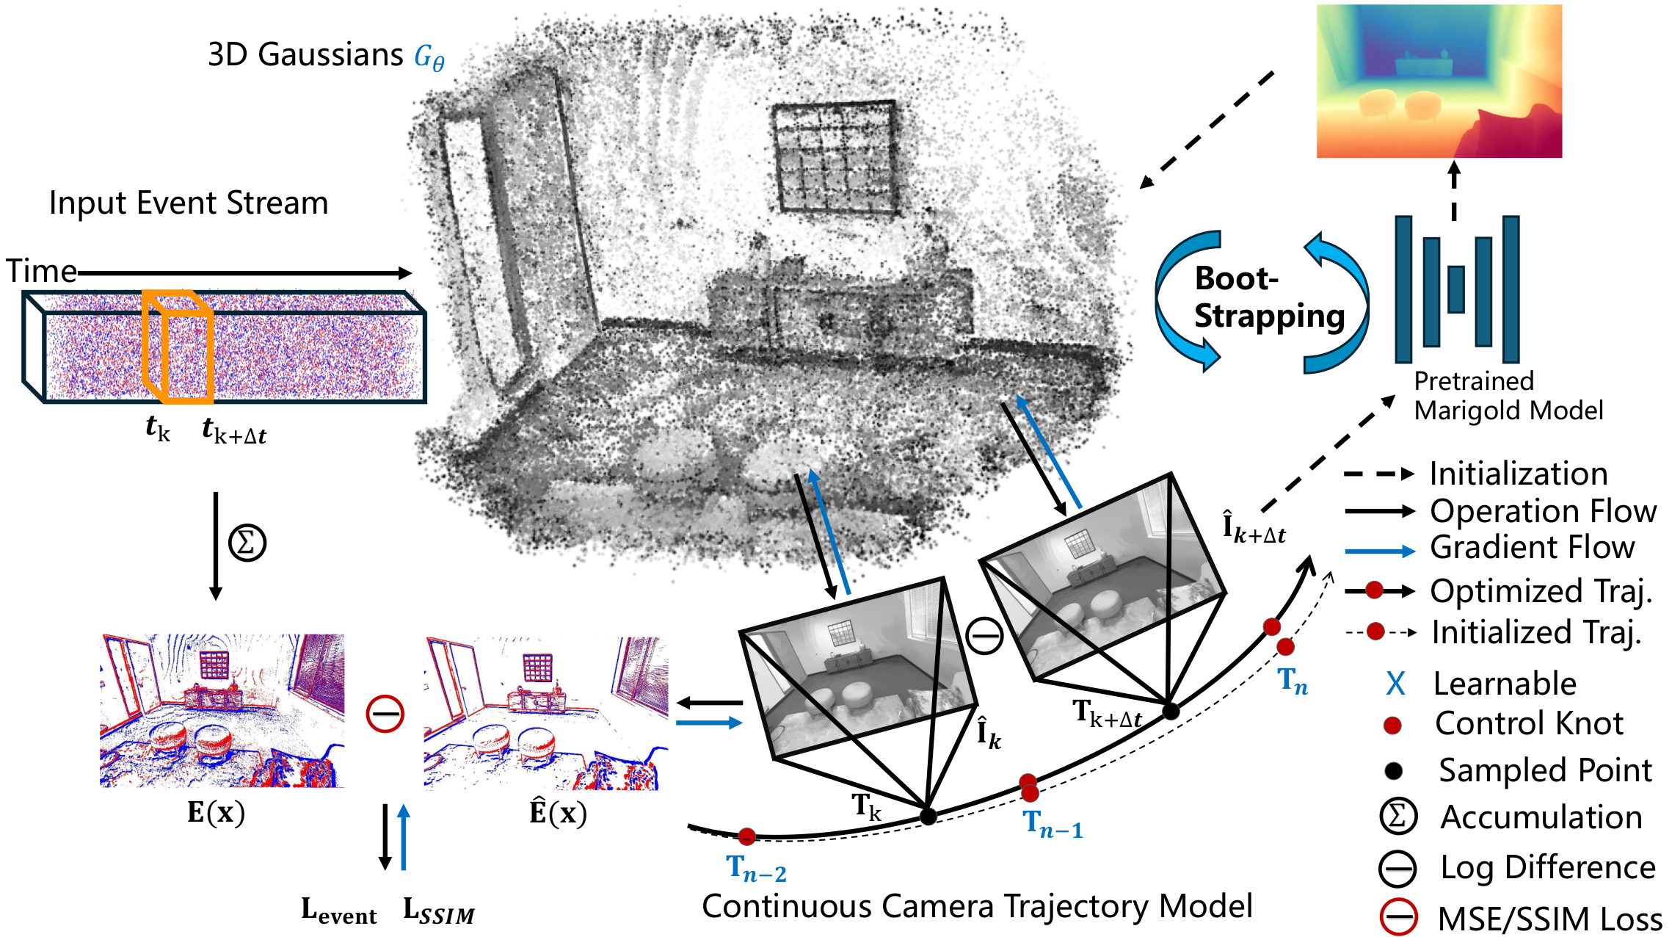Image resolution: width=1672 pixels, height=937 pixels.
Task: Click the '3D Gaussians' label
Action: (305, 55)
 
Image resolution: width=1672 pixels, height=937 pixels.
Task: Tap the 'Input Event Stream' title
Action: (189, 203)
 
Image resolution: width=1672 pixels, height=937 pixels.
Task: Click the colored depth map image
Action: (1439, 82)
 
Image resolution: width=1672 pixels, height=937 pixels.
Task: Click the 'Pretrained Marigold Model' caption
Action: (1508, 396)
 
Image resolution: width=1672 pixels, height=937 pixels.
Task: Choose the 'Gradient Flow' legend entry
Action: (1532, 548)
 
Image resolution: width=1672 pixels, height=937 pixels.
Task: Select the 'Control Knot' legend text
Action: (1529, 724)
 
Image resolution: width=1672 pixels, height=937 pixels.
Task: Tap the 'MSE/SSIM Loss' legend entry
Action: (1549, 919)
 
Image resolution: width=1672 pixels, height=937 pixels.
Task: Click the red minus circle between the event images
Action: (385, 713)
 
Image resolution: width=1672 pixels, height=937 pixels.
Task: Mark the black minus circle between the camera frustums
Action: (984, 636)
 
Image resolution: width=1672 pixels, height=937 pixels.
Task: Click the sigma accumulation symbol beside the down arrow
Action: (247, 543)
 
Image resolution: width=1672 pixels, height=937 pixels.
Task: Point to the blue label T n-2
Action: (756, 869)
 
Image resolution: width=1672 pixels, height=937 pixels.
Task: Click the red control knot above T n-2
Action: (746, 836)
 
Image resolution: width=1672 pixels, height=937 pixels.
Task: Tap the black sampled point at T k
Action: (928, 816)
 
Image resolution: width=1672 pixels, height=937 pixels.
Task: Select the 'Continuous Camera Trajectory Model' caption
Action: (977, 906)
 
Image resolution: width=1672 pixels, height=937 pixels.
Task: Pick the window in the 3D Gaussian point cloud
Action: (835, 158)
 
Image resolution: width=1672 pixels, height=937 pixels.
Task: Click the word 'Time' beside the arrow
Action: (41, 272)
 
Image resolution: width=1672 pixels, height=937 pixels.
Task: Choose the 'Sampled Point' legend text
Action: (1545, 771)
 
